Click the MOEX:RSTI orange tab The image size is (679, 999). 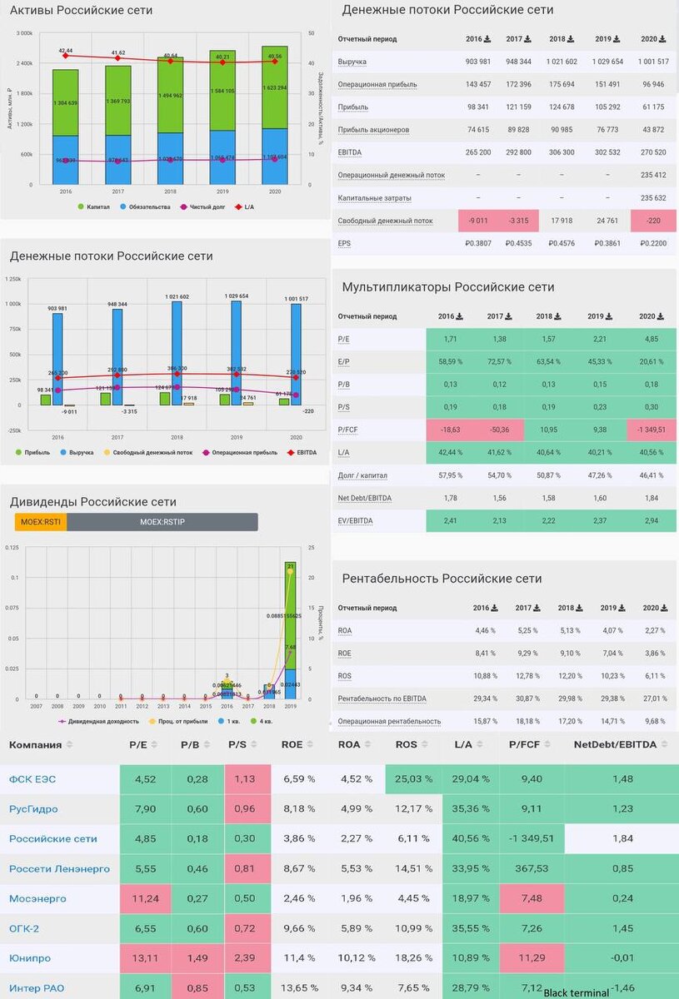[40, 522]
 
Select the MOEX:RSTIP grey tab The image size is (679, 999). [162, 522]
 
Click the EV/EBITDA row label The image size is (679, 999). [356, 521]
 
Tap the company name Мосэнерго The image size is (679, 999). [37, 898]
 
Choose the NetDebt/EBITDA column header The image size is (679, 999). [615, 743]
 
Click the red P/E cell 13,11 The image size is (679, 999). [145, 958]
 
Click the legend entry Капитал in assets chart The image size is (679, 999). [93, 206]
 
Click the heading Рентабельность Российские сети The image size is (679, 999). [442, 579]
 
